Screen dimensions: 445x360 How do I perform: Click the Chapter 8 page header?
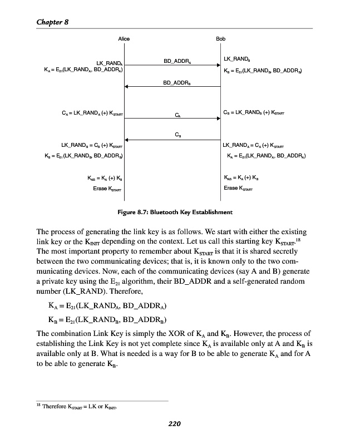pos(52,22)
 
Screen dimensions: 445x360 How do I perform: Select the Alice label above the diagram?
pos(124,39)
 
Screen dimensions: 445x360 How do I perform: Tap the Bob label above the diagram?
pos(220,39)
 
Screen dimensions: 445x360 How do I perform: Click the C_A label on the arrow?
pos(177,116)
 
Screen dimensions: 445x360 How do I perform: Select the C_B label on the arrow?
pos(177,135)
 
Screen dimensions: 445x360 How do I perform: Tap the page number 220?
pos(175,424)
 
